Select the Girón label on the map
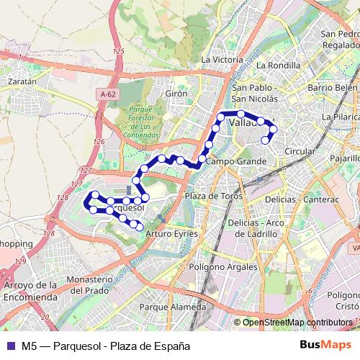pyautogui.click(x=176, y=94)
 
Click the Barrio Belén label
pyautogui.click(x=332, y=88)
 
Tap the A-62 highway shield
pyautogui.click(x=108, y=94)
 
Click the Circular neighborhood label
pyautogui.click(x=300, y=152)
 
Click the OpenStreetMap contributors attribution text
pyautogui.click(x=298, y=322)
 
